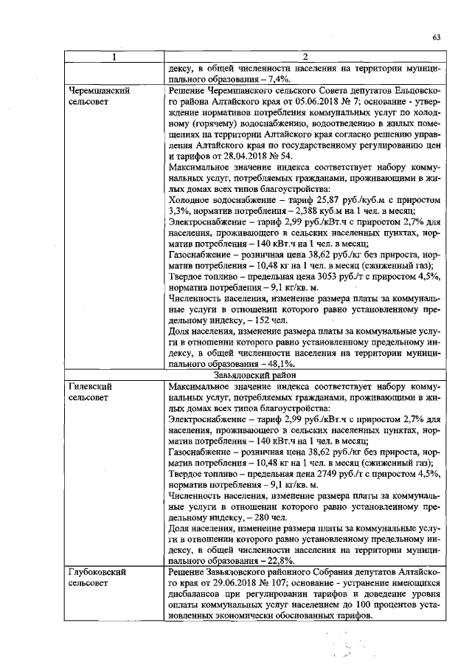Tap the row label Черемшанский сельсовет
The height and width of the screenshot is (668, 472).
coord(94,96)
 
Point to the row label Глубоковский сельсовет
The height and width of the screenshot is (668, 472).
coord(94,578)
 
